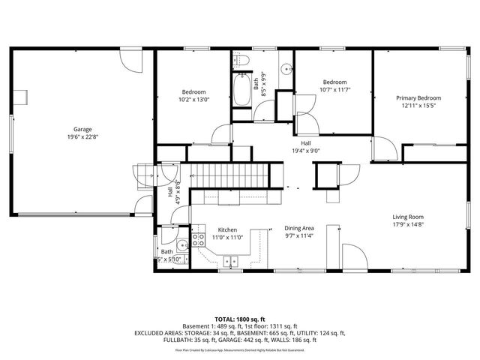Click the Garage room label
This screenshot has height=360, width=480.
coord(82,129)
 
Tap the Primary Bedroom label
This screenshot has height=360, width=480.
coord(418,98)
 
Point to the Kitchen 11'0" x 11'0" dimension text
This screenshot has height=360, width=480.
coord(226,237)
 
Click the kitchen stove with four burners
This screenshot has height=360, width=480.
coord(199,240)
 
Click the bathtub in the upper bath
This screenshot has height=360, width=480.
coord(243,91)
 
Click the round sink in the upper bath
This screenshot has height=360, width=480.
coord(286,68)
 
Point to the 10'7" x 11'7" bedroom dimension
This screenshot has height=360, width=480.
coord(334,90)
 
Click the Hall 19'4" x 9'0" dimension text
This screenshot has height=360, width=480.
coord(306,150)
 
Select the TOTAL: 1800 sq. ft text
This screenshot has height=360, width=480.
coord(239,319)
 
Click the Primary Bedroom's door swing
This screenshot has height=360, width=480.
coord(382,148)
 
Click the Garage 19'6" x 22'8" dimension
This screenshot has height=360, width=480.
coord(82,137)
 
